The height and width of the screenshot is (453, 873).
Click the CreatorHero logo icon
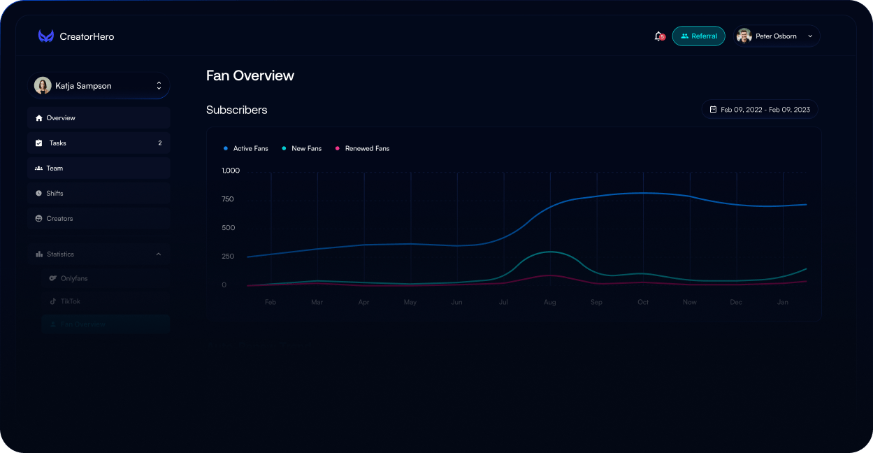click(46, 36)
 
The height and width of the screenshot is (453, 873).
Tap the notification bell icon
click(658, 36)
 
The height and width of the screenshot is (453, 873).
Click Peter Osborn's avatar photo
click(744, 36)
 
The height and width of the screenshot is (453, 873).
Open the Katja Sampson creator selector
click(99, 86)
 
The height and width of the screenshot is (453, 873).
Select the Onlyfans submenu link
click(73, 278)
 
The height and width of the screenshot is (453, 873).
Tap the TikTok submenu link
click(70, 301)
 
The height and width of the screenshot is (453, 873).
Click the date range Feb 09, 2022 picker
click(760, 110)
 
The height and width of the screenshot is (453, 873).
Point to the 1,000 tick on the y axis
click(231, 171)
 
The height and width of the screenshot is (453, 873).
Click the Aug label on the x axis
click(550, 303)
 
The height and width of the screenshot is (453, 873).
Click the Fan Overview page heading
click(250, 75)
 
